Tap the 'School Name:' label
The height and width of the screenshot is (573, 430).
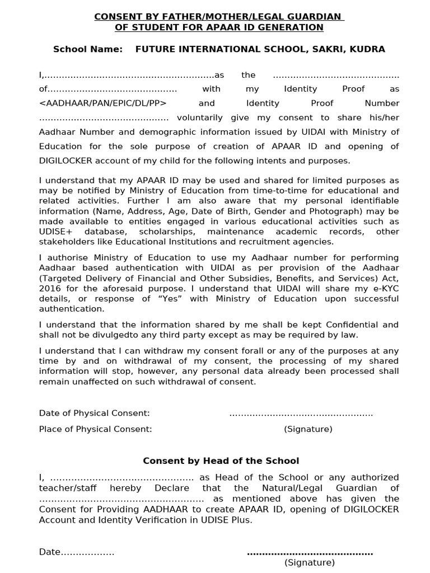(87, 49)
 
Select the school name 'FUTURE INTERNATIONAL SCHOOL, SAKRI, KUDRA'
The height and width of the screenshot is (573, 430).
(260, 49)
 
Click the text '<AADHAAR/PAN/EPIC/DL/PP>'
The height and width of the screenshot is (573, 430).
(103, 104)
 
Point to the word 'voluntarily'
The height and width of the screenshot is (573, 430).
(199, 118)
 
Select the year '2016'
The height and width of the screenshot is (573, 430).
(49, 288)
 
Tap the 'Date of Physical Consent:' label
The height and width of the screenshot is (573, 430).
(94, 413)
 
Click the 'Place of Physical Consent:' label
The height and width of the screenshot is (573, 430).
(95, 429)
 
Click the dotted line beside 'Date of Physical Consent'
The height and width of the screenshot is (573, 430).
(301, 414)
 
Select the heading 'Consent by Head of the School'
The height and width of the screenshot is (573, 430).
(221, 461)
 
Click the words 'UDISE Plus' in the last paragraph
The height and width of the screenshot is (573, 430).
(228, 520)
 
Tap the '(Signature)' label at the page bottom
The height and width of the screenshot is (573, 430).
(309, 562)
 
